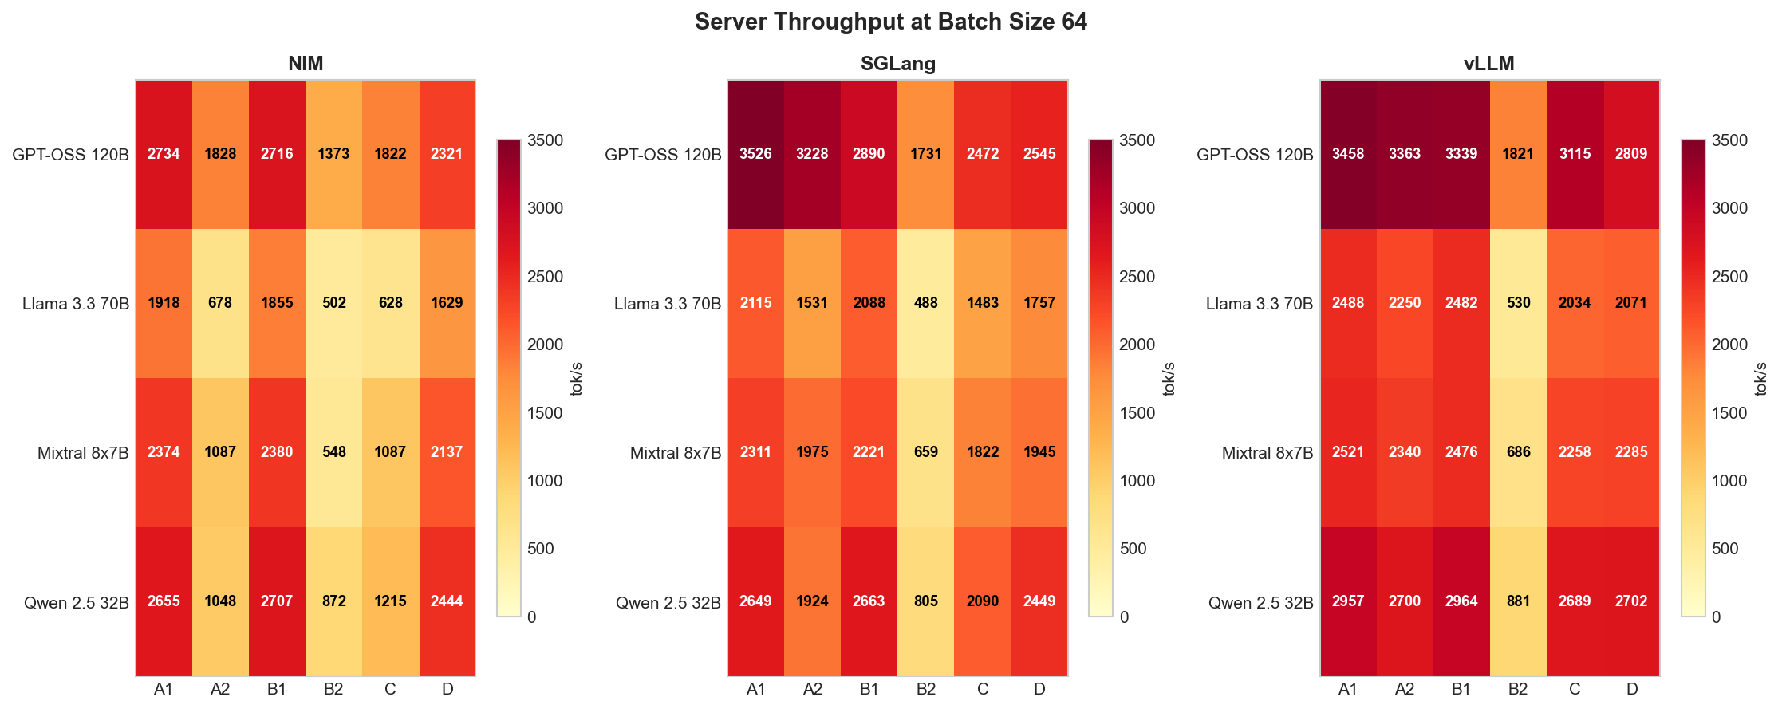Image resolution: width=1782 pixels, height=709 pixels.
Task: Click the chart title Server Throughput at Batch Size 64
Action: coord(890,22)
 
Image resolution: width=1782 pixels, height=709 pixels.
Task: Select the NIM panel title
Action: coord(306,64)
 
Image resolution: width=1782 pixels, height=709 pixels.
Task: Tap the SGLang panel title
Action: coord(897,64)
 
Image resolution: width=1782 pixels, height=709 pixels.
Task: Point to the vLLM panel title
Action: coord(1488,64)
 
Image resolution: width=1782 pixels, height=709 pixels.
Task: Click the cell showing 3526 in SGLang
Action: coord(755,154)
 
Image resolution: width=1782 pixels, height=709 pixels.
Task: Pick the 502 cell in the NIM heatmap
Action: coord(333,303)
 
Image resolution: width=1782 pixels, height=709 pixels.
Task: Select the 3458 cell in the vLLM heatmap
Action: coord(1348,154)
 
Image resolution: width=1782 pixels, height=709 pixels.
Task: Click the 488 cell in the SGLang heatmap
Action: coord(925,303)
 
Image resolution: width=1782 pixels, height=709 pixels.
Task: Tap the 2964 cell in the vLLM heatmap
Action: coord(1461,601)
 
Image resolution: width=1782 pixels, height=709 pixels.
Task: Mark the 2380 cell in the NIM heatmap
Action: coord(277,452)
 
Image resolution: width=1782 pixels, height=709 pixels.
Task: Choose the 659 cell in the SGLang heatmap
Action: coord(925,452)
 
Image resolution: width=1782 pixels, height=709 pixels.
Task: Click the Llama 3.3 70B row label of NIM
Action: coord(76,304)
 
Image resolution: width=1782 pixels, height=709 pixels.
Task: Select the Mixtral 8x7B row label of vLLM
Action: coord(1267,453)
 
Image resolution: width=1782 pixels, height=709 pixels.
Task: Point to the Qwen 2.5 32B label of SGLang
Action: coord(668,603)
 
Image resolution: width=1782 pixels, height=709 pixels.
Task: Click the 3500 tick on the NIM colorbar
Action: coord(546,140)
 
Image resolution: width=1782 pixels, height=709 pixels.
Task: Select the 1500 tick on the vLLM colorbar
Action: coord(1729,413)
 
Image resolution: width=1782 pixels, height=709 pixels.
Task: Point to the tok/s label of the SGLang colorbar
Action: coord(1169,379)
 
